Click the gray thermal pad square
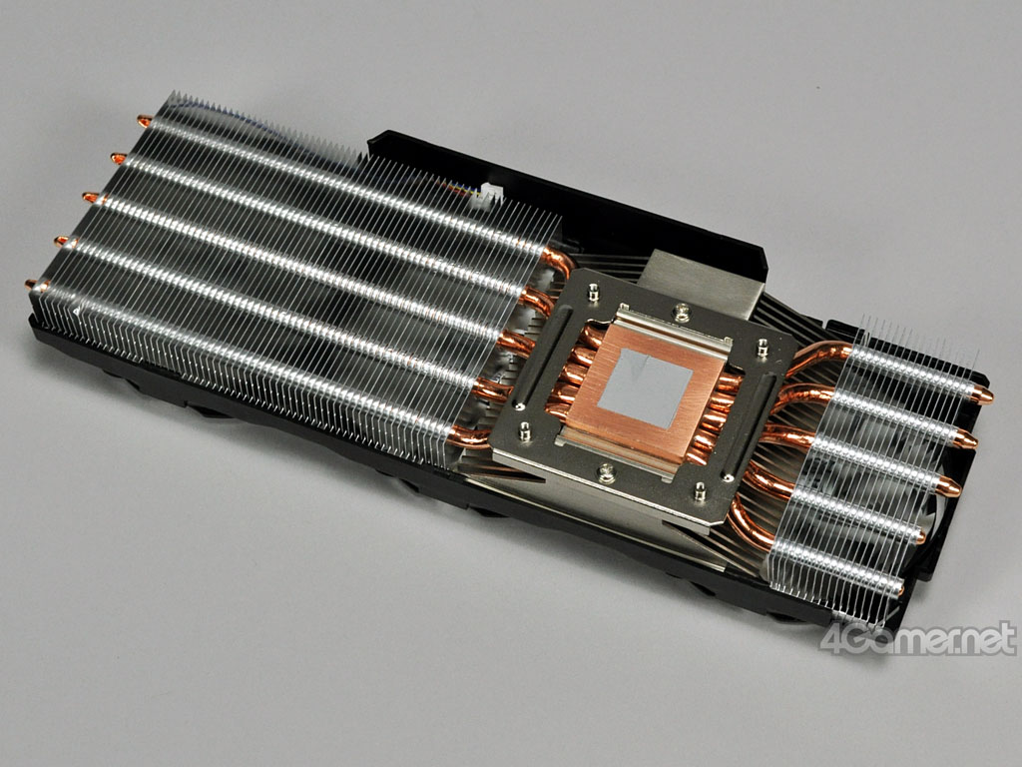coord(645,388)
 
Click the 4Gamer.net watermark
coord(918,638)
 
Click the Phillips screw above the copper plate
coord(681,313)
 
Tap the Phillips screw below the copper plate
coord(606,471)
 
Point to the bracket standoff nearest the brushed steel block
coord(593,292)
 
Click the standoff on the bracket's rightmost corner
coord(762,348)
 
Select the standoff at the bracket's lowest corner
coord(700,491)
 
